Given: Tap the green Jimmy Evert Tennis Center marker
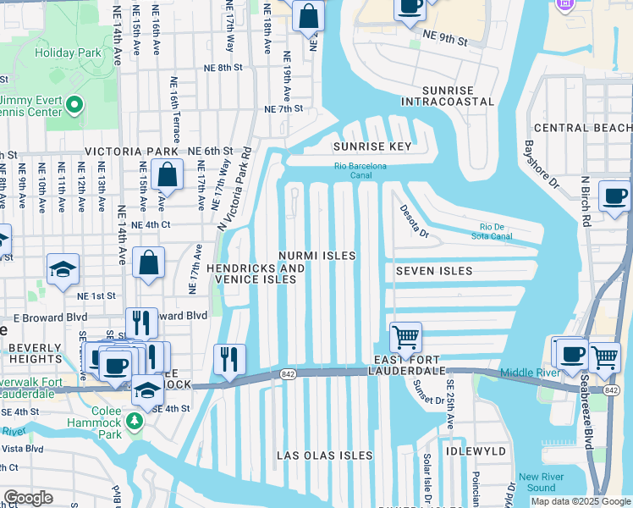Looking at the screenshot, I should (74, 105).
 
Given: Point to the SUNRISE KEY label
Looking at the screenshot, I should (372, 146).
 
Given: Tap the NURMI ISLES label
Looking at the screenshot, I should (317, 255).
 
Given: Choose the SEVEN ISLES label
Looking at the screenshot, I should (432, 271).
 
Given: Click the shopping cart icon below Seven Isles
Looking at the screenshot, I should (406, 337).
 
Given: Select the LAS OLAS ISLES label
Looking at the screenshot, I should (325, 456).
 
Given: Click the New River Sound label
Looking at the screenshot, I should (537, 482).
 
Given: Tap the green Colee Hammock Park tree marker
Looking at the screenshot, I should (134, 421).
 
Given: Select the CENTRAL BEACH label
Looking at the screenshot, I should (583, 128).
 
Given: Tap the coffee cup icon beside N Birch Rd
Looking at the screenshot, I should (614, 196).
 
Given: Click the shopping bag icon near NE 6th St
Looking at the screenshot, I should (168, 175).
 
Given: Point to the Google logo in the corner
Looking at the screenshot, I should (28, 498).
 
